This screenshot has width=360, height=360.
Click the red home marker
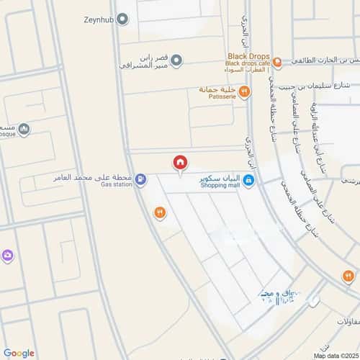(180, 163)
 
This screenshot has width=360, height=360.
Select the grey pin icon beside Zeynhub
(122, 19)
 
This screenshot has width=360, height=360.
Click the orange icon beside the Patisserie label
(244, 91)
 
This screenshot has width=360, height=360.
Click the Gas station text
(117, 184)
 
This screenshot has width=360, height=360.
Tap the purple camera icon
(7, 256)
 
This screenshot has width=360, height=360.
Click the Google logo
(19, 353)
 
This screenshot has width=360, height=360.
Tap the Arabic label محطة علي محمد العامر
(93, 176)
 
